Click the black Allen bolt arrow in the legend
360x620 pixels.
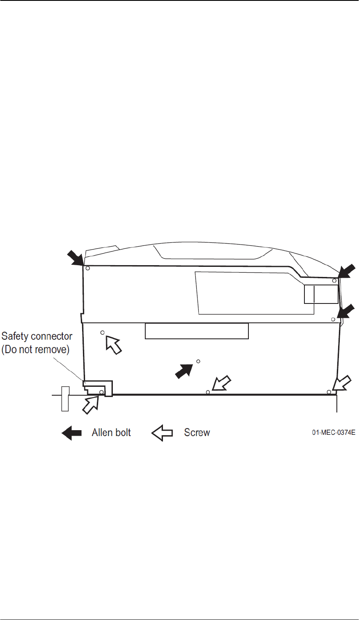click(x=72, y=433)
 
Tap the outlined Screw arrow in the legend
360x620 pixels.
click(x=162, y=433)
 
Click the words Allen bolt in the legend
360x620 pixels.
click(x=111, y=433)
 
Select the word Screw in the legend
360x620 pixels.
click(x=197, y=433)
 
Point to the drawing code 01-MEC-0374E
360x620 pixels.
click(x=333, y=433)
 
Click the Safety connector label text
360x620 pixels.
click(x=37, y=336)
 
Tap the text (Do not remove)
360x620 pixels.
click(x=35, y=349)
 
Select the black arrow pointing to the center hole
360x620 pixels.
click(x=184, y=371)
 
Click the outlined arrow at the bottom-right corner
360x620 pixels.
click(x=341, y=383)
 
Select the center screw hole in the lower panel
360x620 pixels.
click(x=198, y=361)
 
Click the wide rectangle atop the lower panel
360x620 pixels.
click(x=197, y=331)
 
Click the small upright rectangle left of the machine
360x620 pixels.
click(x=65, y=398)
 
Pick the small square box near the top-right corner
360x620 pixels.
click(x=321, y=293)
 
